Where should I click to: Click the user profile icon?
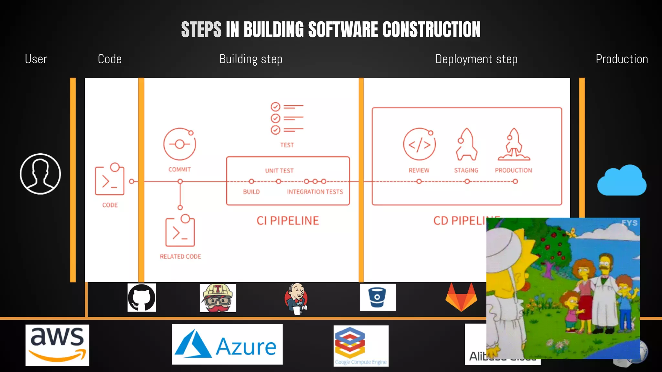(40, 174)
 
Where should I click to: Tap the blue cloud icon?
(622, 181)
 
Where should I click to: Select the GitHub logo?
(142, 298)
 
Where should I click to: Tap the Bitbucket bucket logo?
(378, 297)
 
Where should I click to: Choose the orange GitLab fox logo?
(461, 297)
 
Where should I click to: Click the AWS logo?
(57, 345)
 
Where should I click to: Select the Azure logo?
(227, 345)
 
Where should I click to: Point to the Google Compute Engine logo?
(361, 346)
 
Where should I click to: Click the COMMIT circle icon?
(180, 144)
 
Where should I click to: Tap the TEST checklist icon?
(287, 118)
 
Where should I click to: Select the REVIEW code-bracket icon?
(419, 144)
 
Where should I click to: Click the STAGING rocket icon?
(466, 144)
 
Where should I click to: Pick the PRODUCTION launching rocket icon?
(514, 144)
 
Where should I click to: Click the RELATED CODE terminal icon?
(180, 231)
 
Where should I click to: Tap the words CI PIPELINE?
(288, 221)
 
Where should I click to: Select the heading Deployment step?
(476, 59)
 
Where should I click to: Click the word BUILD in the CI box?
(251, 192)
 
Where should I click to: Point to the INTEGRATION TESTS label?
(315, 192)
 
